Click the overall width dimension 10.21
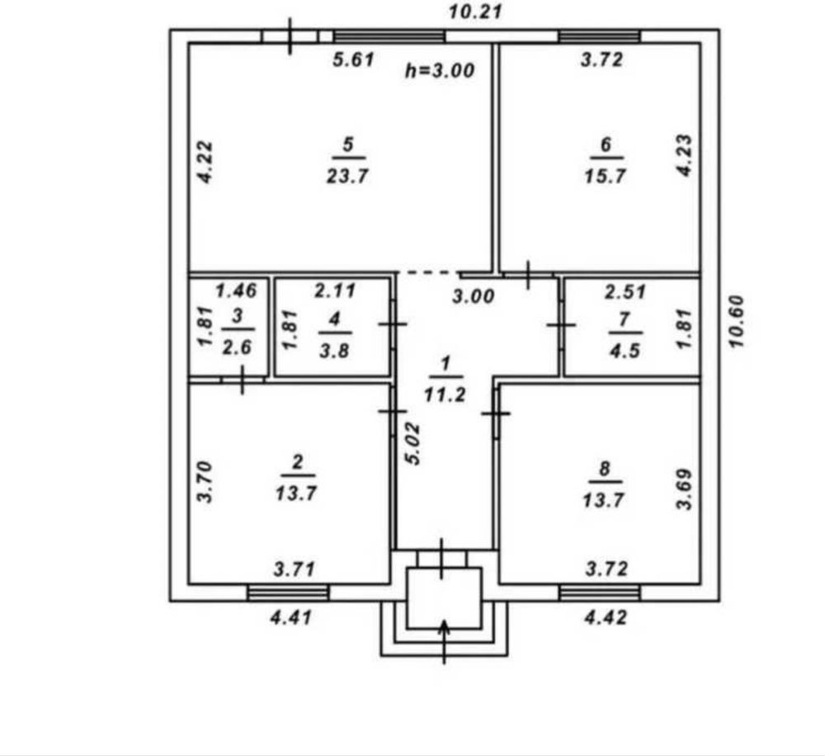pyautogui.click(x=475, y=12)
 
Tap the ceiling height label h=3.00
pyautogui.click(x=440, y=70)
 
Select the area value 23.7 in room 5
pyautogui.click(x=347, y=175)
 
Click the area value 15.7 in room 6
pyautogui.click(x=605, y=175)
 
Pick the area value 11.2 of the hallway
pyautogui.click(x=445, y=394)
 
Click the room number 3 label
pyautogui.click(x=238, y=316)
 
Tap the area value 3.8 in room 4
pyautogui.click(x=334, y=350)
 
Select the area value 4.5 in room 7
pyautogui.click(x=625, y=350)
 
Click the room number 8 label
pyautogui.click(x=605, y=468)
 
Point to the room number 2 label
pyautogui.click(x=297, y=462)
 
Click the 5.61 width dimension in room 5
pyautogui.click(x=354, y=59)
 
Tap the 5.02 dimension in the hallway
pyautogui.click(x=414, y=443)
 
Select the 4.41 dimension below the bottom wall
pyautogui.click(x=291, y=617)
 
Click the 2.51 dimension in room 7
pyautogui.click(x=625, y=291)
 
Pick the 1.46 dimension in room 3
pyautogui.click(x=236, y=290)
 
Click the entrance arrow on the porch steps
pyautogui.click(x=445, y=641)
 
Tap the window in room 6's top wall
pyautogui.click(x=599, y=36)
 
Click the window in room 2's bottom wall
pyautogui.click(x=288, y=593)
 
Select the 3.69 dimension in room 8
pyautogui.click(x=684, y=489)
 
